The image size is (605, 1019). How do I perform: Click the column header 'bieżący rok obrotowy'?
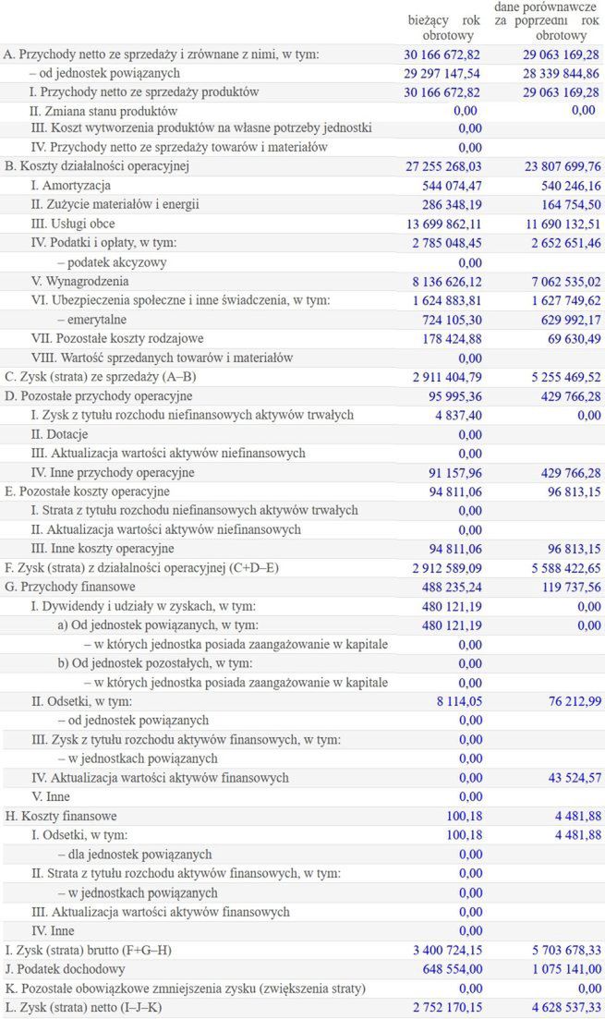(444, 28)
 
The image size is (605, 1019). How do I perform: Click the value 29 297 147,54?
(442, 73)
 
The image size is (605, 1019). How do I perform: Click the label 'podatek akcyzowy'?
(103, 262)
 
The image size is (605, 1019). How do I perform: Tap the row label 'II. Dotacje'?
(62, 434)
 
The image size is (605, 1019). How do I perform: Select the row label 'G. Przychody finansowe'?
(70, 587)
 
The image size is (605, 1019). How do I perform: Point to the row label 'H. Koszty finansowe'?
(61, 816)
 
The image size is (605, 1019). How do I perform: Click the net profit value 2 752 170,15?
(442, 1007)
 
